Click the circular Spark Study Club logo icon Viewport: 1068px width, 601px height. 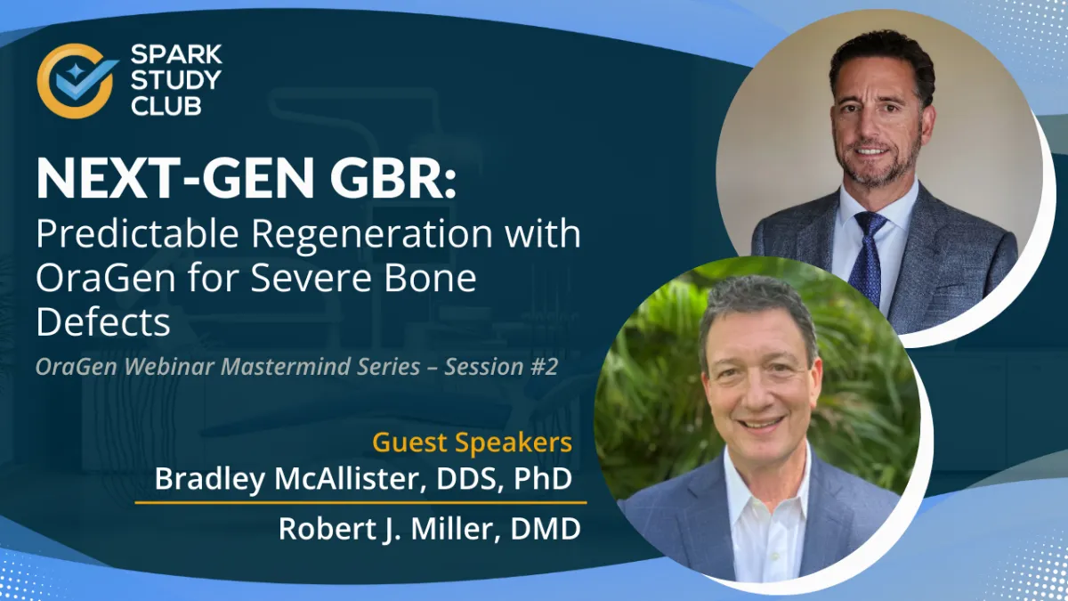coord(77,81)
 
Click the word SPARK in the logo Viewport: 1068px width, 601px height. coord(176,54)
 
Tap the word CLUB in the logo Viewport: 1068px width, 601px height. coord(166,106)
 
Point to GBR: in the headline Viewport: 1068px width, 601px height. coord(393,178)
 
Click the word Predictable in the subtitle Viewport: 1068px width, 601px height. coord(137,233)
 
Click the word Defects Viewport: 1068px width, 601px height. coord(103,322)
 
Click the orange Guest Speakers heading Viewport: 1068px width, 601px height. coord(472,443)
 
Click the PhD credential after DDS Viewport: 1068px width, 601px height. coord(543,478)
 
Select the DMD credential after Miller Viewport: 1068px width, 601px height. coord(546,529)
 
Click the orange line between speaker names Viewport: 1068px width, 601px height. coord(361,503)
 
